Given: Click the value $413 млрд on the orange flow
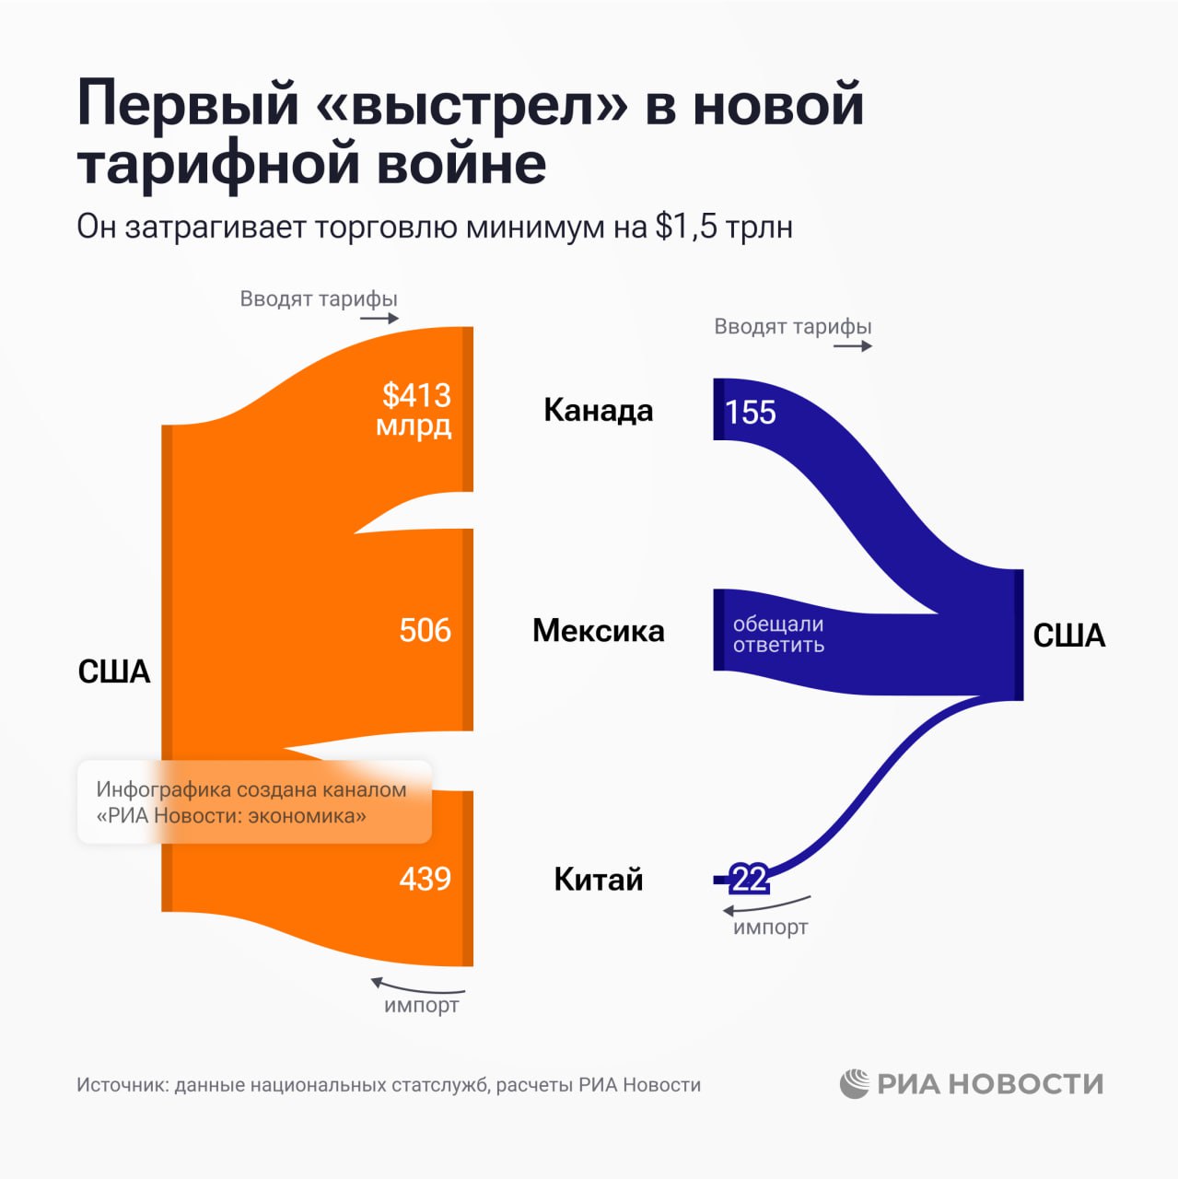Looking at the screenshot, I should click(416, 410).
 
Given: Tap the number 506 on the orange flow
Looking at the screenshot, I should click(425, 630).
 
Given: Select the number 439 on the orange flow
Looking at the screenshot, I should click(425, 879).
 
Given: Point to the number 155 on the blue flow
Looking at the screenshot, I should click(750, 413).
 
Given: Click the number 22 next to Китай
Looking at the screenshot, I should click(749, 880).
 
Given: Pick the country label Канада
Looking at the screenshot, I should click(599, 410).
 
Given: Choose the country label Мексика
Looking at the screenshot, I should click(599, 631).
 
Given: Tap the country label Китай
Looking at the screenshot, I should click(599, 880).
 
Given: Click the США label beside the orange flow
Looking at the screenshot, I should click(114, 671).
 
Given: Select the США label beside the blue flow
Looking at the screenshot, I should click(1068, 636).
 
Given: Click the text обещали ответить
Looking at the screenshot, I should click(778, 635).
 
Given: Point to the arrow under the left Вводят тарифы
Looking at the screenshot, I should click(379, 319).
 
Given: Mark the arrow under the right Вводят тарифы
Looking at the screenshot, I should click(853, 346).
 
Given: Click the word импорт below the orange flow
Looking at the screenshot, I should click(421, 1005).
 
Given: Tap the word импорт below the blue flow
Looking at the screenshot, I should click(770, 928).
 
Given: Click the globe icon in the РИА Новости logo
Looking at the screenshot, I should click(854, 1084).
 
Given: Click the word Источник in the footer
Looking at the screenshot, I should click(122, 1085).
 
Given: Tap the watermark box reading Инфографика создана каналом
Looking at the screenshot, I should click(254, 802).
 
